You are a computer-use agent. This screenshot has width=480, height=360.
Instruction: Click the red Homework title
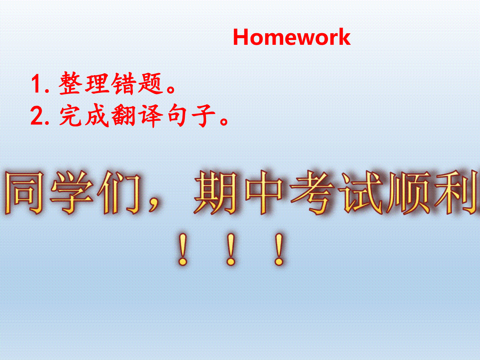(x=292, y=37)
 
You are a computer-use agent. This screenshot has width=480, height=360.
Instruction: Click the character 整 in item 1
(x=69, y=83)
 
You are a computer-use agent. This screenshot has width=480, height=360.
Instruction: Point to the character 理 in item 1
(x=97, y=83)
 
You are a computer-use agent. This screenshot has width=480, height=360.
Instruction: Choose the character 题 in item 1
(x=151, y=83)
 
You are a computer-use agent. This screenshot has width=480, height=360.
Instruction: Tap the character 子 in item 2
(x=203, y=116)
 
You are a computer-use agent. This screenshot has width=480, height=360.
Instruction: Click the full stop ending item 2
(x=224, y=121)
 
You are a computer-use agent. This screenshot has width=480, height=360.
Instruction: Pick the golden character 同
(x=24, y=192)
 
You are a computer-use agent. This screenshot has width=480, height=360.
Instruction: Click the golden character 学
(x=72, y=192)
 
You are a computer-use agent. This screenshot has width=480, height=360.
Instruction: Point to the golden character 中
(x=264, y=192)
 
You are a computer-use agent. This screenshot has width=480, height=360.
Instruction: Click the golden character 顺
(x=408, y=192)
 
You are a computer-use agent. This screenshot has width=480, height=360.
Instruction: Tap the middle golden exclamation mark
(x=231, y=249)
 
